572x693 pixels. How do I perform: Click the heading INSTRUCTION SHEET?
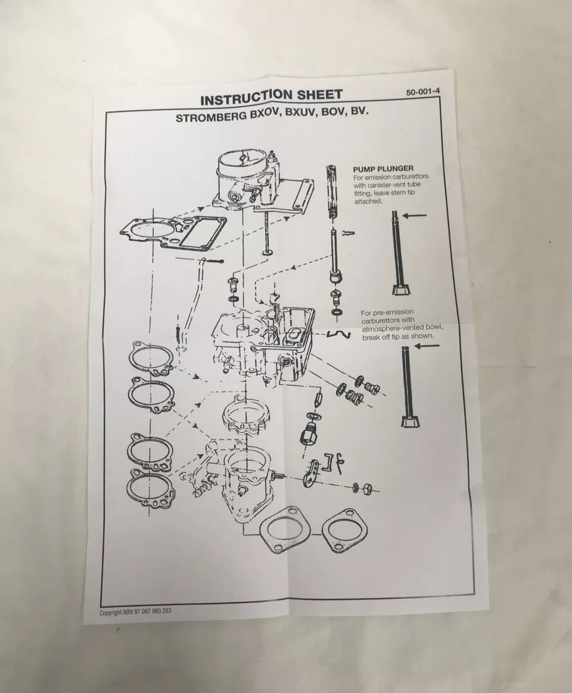click(x=271, y=96)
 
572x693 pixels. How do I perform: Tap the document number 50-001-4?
click(x=427, y=92)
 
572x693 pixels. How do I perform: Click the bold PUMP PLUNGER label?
click(x=391, y=169)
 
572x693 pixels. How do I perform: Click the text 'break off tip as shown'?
click(x=398, y=337)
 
